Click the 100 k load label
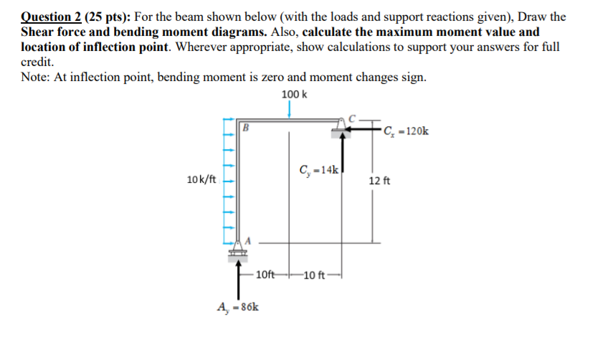(x=294, y=94)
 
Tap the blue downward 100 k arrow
(x=289, y=110)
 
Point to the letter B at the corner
(x=245, y=128)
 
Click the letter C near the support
(x=352, y=118)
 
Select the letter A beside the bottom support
(x=248, y=241)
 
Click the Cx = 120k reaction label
(x=406, y=131)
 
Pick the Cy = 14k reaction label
(x=319, y=170)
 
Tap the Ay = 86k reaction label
(x=238, y=307)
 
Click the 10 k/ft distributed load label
(x=201, y=179)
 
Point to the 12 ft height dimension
(x=379, y=181)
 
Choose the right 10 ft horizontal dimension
(x=314, y=275)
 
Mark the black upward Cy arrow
(x=343, y=151)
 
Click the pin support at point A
(x=237, y=250)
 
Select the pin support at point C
(x=341, y=128)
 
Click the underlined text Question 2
(x=51, y=17)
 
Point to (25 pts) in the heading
(x=108, y=17)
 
